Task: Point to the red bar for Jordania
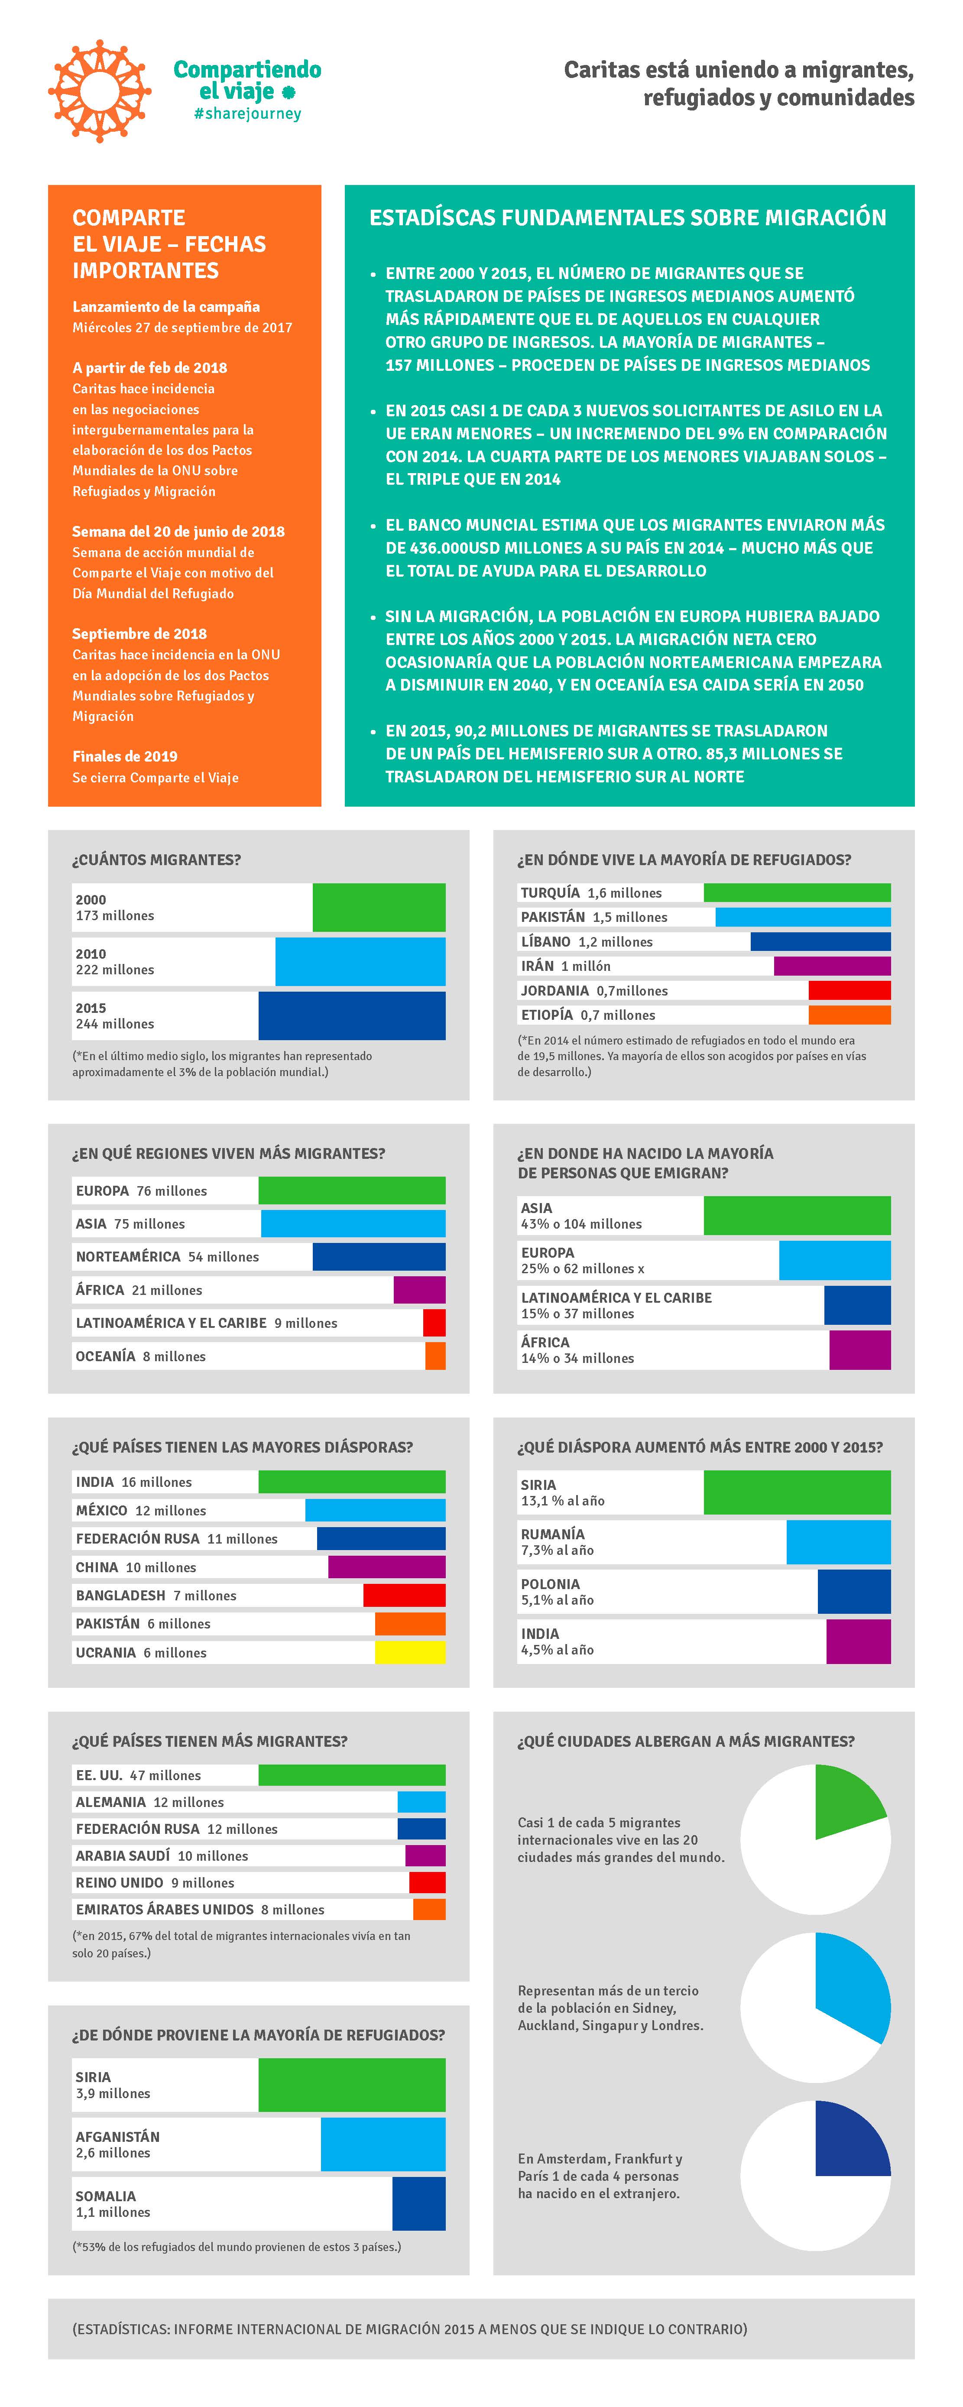pos(849,990)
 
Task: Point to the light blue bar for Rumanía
pos(838,1542)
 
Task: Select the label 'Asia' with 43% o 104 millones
pos(536,1207)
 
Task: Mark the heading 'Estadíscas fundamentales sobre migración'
pos(628,218)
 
